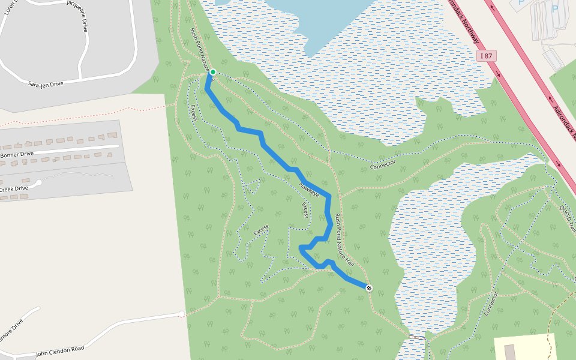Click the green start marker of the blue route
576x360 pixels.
212,72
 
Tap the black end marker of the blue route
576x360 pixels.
369,288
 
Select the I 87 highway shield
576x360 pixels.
488,56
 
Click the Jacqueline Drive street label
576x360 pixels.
86,16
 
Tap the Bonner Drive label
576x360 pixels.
17,154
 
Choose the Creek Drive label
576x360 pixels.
13,189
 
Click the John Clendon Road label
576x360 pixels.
60,350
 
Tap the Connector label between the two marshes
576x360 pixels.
383,164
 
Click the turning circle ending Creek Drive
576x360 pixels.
39,182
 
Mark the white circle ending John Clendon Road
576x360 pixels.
181,314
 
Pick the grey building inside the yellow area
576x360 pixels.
509,352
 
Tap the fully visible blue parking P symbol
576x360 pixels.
554,8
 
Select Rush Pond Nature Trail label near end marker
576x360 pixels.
344,241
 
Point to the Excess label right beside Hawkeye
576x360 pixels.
305,210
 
